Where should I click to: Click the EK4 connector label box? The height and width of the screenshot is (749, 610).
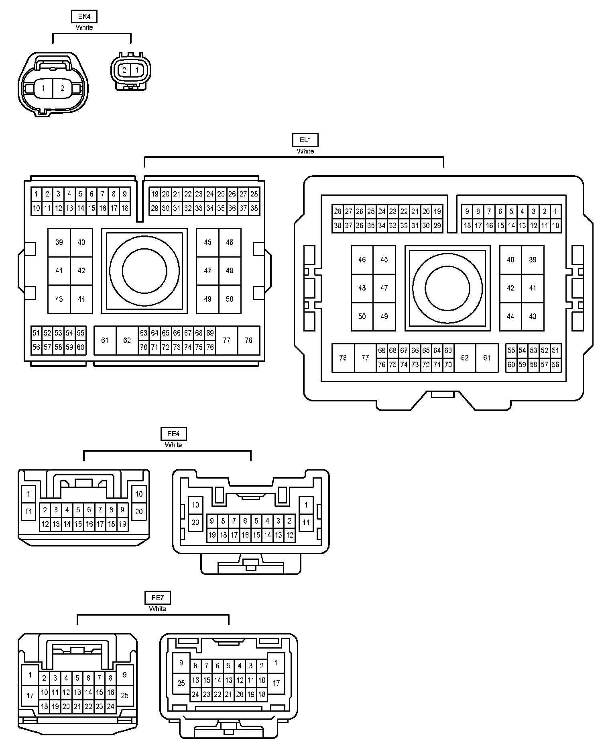tap(84, 16)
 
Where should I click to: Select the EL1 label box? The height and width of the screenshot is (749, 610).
tap(305, 140)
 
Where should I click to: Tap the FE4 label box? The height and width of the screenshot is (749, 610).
tap(173, 434)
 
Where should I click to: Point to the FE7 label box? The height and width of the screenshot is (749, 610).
tap(157, 598)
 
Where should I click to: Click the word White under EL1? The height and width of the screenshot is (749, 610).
tap(305, 151)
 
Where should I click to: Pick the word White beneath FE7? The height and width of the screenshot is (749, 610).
tap(157, 609)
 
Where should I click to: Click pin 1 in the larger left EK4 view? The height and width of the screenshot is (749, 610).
tap(44, 88)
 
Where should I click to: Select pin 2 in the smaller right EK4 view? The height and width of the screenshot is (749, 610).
tap(124, 70)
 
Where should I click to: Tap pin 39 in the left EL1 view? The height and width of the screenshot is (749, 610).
tap(59, 242)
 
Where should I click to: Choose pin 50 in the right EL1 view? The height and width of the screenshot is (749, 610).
tap(362, 317)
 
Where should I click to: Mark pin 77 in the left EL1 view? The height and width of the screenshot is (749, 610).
tap(227, 340)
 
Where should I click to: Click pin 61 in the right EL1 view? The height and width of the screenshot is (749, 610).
tap(487, 358)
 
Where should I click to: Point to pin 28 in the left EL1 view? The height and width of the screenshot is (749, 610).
tap(254, 194)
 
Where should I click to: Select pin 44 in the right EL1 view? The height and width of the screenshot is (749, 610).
tap(510, 317)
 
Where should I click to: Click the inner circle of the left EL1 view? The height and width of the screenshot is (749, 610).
tap(144, 271)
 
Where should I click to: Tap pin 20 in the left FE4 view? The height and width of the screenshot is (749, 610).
tap(139, 512)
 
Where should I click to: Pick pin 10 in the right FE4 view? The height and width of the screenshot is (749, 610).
tap(195, 505)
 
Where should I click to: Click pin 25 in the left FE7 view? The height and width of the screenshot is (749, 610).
tap(125, 695)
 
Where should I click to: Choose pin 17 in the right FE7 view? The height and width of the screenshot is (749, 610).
tap(276, 683)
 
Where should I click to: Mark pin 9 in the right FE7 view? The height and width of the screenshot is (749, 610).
tap(181, 663)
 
